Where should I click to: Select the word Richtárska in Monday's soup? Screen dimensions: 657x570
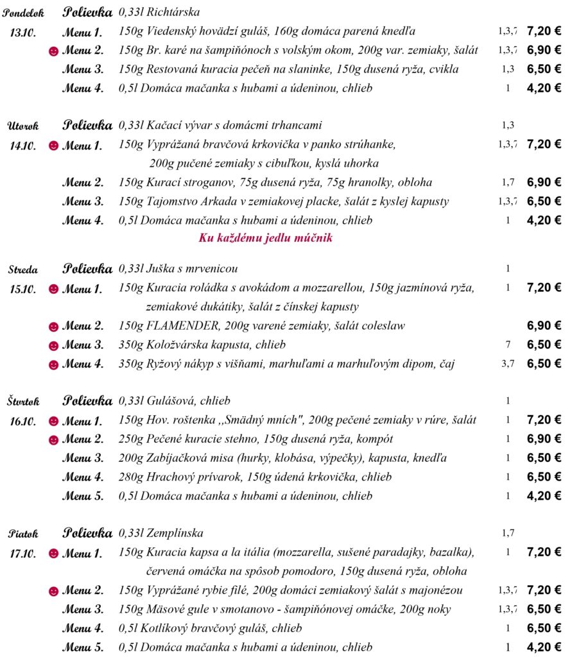(x=173, y=12)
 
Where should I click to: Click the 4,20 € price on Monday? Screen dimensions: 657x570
(x=544, y=88)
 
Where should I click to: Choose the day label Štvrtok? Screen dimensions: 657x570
(x=24, y=402)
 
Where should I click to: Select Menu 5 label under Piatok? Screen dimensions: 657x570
(x=82, y=647)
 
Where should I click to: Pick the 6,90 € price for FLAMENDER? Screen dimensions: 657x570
(x=544, y=326)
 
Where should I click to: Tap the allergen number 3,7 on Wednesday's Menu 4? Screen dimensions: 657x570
(x=508, y=364)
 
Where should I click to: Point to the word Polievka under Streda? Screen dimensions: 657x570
(x=87, y=268)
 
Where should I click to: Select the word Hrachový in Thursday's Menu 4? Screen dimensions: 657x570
(x=173, y=477)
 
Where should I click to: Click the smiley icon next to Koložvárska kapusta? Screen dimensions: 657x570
(x=54, y=346)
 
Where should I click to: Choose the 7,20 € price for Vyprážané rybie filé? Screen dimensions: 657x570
(x=544, y=590)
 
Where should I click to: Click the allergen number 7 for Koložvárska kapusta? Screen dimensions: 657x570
(x=508, y=345)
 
